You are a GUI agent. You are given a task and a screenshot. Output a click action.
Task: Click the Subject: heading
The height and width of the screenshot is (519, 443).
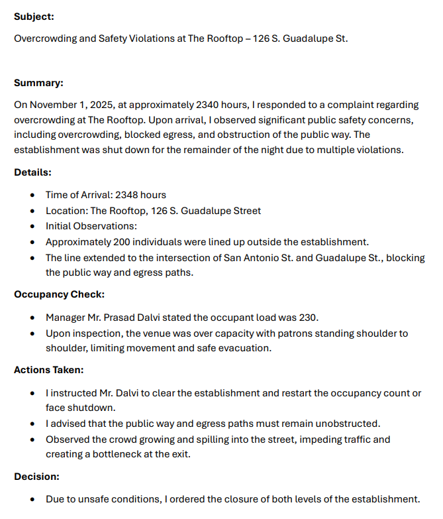click(34, 16)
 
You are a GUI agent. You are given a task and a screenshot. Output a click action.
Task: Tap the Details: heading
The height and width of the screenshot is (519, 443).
click(32, 172)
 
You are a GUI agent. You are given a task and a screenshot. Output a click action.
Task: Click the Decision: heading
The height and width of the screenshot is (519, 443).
click(36, 476)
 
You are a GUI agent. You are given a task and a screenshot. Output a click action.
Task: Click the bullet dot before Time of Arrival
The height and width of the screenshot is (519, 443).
click(33, 196)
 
